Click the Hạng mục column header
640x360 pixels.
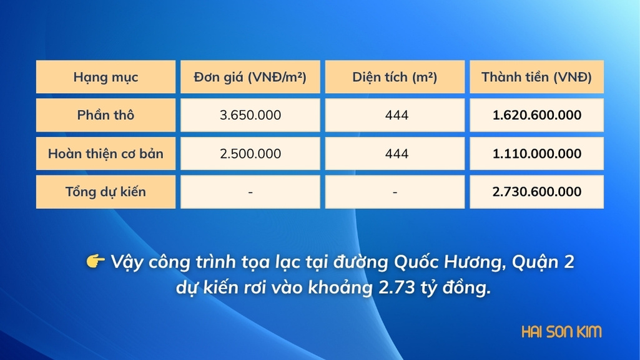pos(106,77)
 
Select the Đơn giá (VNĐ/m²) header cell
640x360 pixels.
pos(250,77)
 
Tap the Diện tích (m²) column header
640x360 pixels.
pos(395,77)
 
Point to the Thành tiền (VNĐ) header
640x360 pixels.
pos(537,77)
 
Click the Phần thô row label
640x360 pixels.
pos(106,115)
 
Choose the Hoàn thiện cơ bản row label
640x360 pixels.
pos(106,153)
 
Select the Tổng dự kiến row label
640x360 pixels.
pos(106,192)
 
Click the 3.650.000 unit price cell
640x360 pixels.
pos(250,115)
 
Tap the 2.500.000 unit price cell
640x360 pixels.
pos(250,153)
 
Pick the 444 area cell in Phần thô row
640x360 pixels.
pos(395,115)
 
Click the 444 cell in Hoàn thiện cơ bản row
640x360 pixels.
pos(395,153)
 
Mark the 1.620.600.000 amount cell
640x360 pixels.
pos(537,115)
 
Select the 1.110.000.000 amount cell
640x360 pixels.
pos(537,153)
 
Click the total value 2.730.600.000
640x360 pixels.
pos(537,192)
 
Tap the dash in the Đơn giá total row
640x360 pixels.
pos(250,192)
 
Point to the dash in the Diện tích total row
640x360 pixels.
pos(395,192)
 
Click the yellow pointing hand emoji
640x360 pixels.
pos(96,261)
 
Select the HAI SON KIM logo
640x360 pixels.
pos(561,331)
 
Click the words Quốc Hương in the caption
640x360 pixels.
pos(447,262)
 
